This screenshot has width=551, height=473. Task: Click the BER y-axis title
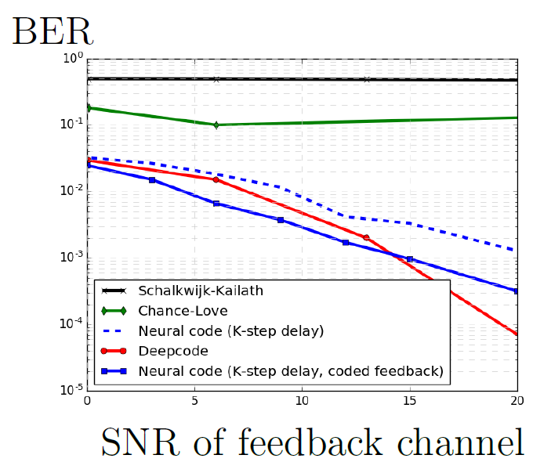[x=53, y=31]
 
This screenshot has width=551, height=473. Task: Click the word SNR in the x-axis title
[x=140, y=442]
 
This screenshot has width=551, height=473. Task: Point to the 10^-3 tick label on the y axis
[x=71, y=257]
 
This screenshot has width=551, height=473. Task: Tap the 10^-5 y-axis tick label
[x=71, y=389]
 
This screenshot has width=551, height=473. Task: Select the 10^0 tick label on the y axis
[x=73, y=58]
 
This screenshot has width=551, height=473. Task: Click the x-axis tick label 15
[x=409, y=401]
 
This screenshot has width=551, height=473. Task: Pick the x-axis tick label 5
[x=194, y=401]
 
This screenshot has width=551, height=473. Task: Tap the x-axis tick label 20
[x=517, y=401]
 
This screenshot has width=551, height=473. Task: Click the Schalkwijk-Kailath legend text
[x=201, y=291]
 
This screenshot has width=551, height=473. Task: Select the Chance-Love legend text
[x=183, y=311]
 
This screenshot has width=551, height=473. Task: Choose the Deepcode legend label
[x=173, y=351]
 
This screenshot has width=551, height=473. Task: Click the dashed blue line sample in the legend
[x=113, y=330]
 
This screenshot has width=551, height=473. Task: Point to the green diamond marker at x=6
[x=216, y=125]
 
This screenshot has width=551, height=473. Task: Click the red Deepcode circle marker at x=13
[x=367, y=238]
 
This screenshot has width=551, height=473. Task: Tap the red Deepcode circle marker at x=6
[x=216, y=180]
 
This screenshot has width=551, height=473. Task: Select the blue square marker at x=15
[x=409, y=259]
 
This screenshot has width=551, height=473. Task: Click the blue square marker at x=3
[x=152, y=180]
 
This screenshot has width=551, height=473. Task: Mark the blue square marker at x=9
[x=281, y=220]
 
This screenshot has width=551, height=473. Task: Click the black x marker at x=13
[x=367, y=79]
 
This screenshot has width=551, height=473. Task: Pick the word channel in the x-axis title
[x=460, y=442]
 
